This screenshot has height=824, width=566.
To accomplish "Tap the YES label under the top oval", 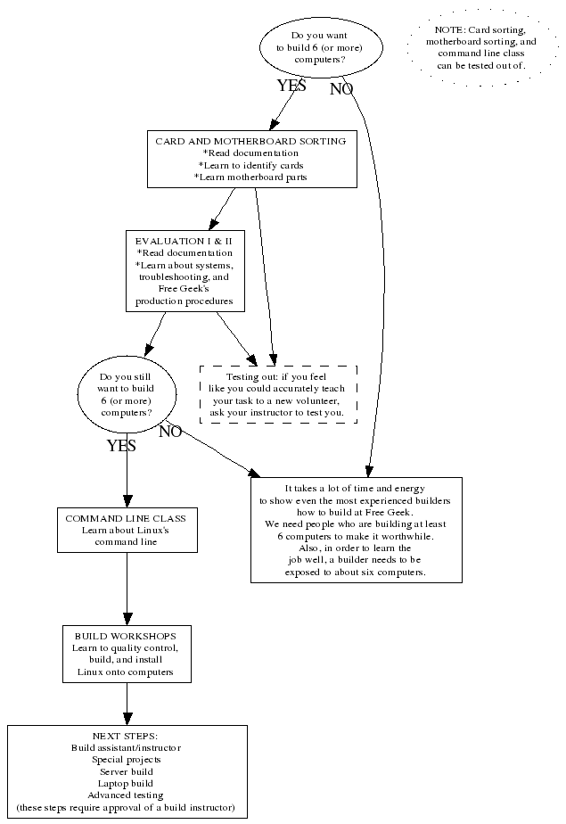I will tap(291, 87).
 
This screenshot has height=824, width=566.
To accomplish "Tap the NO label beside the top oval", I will tap(341, 89).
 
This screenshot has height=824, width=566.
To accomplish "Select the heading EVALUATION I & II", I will tap(185, 241).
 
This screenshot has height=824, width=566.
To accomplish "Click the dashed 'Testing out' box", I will tap(278, 394).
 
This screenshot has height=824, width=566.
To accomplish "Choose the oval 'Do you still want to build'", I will tap(127, 395).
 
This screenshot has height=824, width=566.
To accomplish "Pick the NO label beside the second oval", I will tap(170, 433).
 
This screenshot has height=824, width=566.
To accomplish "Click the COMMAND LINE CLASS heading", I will tap(126, 517).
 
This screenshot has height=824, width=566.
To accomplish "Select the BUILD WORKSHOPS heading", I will tap(126, 635).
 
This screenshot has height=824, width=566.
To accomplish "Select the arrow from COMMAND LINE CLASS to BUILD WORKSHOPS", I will tap(127, 589).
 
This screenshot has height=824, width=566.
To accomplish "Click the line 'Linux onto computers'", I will tap(126, 672).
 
